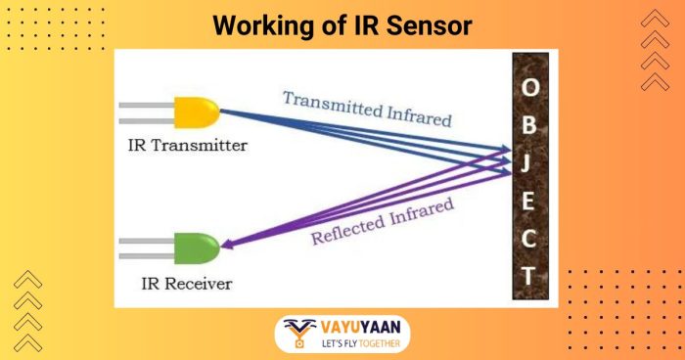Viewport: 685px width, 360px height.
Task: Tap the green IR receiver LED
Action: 197,248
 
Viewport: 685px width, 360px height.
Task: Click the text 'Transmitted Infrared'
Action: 367,109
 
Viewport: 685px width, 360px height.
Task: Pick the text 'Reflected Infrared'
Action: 383,221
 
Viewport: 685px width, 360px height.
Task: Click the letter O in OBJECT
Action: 528,87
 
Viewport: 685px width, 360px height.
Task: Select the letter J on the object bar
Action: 528,161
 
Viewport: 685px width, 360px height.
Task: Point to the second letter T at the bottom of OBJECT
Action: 528,276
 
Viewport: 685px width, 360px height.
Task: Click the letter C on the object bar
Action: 528,238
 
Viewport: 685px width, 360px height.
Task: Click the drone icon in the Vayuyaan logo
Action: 297,334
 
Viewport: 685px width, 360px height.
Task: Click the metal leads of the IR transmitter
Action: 147,114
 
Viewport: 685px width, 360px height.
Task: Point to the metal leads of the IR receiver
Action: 147,248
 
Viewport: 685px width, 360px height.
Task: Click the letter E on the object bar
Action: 528,201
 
